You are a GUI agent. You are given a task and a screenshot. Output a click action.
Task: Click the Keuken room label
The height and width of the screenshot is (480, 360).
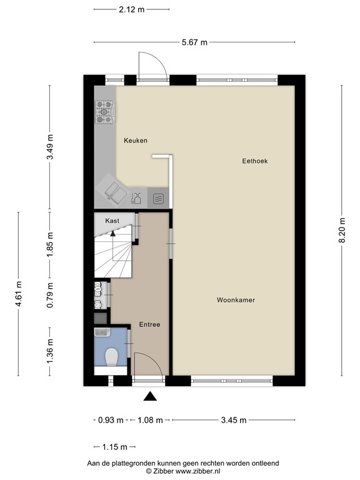coord(135,141)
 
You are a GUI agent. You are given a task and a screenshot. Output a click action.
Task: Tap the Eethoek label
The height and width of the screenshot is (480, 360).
coord(255,161)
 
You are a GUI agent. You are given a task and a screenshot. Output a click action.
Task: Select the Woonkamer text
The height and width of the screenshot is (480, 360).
coord(236,300)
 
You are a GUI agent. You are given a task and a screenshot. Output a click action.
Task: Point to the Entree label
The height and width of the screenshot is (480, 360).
coord(150,324)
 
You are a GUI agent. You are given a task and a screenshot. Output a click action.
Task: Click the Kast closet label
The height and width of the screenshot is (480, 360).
coord(112,221)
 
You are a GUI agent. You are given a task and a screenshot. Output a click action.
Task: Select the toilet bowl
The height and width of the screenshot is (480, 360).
coord(112,357)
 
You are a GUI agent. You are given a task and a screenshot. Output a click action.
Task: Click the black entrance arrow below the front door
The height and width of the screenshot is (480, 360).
coord(150,396)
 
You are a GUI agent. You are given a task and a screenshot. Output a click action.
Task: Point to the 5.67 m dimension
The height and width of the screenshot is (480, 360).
coord(194,42)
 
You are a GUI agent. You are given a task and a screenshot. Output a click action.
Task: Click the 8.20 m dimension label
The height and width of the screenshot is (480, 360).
coord(342,231)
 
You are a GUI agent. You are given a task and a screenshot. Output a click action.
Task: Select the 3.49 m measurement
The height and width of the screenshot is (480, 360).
coord(51,148)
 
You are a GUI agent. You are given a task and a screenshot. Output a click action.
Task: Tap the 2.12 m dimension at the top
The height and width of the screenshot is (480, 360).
coord(131,10)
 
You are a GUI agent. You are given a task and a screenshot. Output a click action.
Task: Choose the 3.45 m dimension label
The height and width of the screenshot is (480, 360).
coord(234,420)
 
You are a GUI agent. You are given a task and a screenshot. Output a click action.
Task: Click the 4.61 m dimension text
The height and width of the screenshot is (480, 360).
coord(19,294)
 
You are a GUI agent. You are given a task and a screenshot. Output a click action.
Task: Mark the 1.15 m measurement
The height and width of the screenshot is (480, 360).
coord(114,447)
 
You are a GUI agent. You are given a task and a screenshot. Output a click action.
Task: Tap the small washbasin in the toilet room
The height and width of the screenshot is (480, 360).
coord(102,332)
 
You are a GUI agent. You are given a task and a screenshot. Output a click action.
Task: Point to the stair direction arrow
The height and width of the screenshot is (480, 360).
coord(112,234)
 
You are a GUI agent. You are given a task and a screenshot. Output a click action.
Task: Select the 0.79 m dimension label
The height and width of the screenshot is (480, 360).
coord(51,296)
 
